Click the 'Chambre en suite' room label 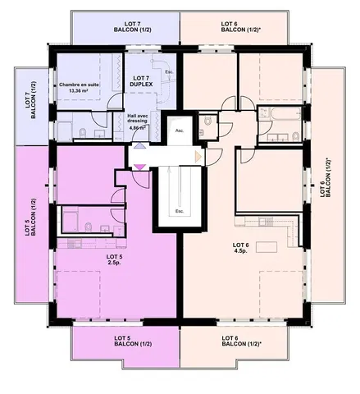point(79,88)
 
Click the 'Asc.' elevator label point(179,130)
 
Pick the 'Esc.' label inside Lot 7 point(169,72)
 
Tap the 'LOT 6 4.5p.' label point(241,248)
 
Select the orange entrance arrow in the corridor point(197,156)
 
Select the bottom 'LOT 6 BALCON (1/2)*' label point(242,342)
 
